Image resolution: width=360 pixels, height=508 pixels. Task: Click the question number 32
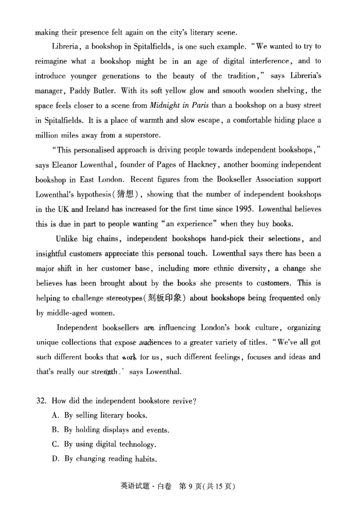click(41, 401)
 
